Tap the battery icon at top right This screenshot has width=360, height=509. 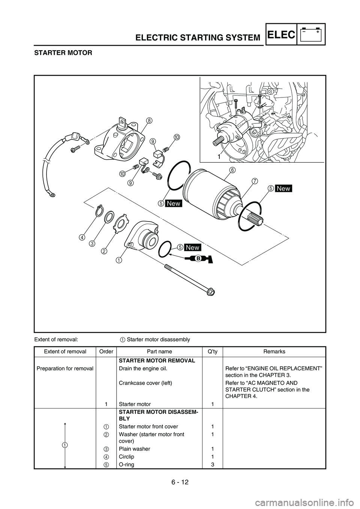click(311, 34)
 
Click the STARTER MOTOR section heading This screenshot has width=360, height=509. click(63, 53)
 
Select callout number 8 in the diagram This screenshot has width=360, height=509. click(149, 121)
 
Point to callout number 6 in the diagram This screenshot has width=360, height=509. click(232, 170)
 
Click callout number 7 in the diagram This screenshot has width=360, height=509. click(255, 182)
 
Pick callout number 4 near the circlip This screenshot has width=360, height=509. click(81, 237)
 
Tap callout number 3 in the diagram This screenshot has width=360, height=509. click(91, 244)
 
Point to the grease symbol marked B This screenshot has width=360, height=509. click(199, 259)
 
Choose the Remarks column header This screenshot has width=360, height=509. click(274, 352)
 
